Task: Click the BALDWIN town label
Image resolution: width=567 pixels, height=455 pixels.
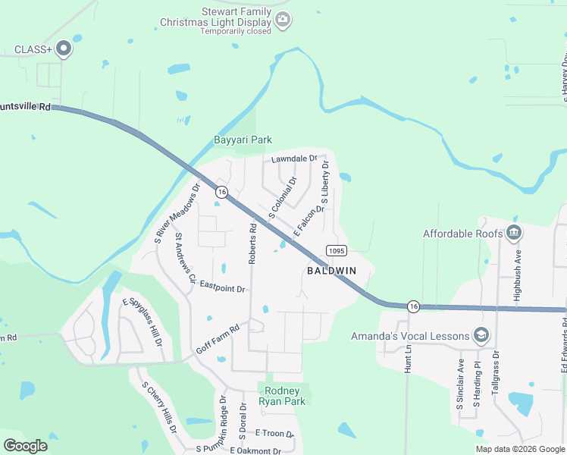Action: pyautogui.click(x=331, y=271)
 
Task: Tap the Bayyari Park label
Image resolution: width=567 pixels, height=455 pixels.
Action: pyautogui.click(x=243, y=140)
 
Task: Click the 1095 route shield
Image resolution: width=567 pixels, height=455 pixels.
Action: pyautogui.click(x=337, y=250)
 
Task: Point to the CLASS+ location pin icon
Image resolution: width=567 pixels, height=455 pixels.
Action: pyautogui.click(x=64, y=49)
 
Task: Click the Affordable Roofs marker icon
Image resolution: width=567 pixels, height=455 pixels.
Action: pyautogui.click(x=515, y=233)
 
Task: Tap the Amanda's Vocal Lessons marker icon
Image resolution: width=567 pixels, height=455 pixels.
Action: pyautogui.click(x=481, y=335)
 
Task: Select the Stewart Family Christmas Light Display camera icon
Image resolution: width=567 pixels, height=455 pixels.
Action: pyautogui.click(x=283, y=20)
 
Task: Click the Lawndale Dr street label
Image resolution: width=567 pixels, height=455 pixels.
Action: pyautogui.click(x=294, y=158)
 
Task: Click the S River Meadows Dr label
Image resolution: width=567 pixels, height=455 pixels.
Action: pyautogui.click(x=177, y=213)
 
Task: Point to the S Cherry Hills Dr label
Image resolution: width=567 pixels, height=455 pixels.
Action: pyautogui.click(x=159, y=406)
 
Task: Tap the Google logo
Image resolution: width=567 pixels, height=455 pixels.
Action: pyautogui.click(x=25, y=446)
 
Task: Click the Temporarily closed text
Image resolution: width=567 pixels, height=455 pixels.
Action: pyautogui.click(x=236, y=32)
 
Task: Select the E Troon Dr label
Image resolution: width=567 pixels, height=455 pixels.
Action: pyautogui.click(x=274, y=432)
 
